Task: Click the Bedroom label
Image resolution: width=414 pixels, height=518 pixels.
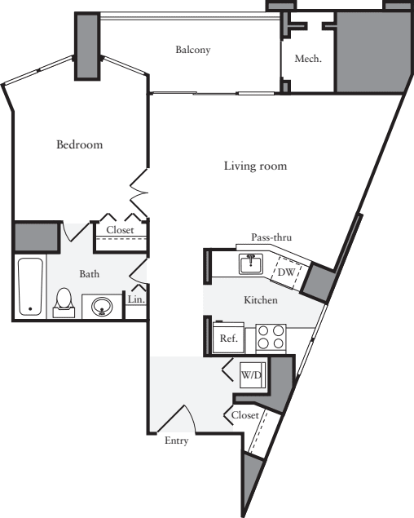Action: click(79, 145)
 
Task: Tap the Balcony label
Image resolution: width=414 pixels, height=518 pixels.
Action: click(193, 50)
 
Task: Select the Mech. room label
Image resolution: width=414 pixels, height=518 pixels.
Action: click(307, 59)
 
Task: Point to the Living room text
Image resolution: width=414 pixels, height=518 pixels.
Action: click(255, 166)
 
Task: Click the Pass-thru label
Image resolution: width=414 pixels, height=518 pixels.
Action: click(271, 237)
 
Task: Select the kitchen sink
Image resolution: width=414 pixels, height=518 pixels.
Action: click(250, 263)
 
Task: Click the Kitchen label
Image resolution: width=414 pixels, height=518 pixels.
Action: click(261, 300)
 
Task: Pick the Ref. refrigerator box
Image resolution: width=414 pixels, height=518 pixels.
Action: click(225, 338)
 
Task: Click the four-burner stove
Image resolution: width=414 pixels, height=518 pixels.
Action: click(271, 337)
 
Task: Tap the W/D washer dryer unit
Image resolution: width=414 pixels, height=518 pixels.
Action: click(249, 375)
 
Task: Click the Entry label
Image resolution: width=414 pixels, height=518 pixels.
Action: click(176, 441)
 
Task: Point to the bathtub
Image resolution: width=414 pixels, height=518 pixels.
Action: click(30, 286)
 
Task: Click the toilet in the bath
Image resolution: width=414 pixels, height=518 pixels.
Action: click(63, 303)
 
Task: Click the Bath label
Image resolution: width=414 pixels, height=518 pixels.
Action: click(89, 274)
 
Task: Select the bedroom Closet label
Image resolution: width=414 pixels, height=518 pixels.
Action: click(120, 230)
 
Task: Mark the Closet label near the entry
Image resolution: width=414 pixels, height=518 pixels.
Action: click(244, 414)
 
